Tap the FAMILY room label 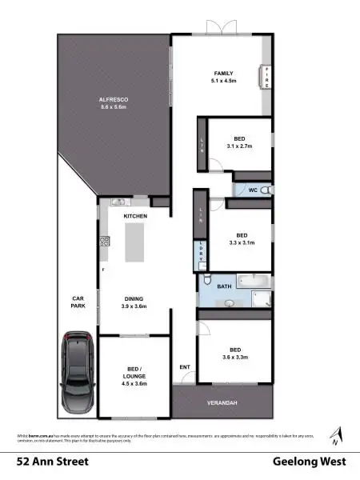point(222,74)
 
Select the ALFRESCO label point(114,98)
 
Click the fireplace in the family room point(266,78)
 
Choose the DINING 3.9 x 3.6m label point(134,302)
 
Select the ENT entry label point(185,367)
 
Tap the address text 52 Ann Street point(53,462)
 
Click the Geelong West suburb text point(308,462)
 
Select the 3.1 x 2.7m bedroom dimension point(239,146)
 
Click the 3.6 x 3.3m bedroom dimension point(235,358)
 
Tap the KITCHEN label point(134,217)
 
